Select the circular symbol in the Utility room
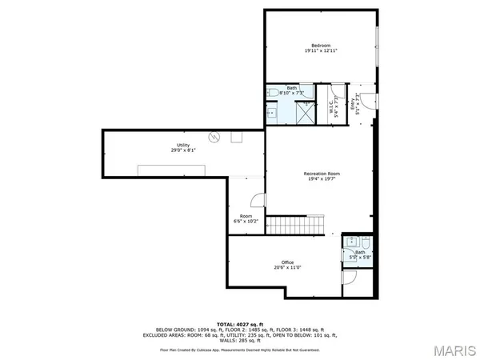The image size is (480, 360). click(x=213, y=138)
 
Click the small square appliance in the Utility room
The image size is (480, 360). click(x=237, y=137)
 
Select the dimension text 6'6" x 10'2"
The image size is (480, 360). click(x=246, y=221)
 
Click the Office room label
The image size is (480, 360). click(x=287, y=262)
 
